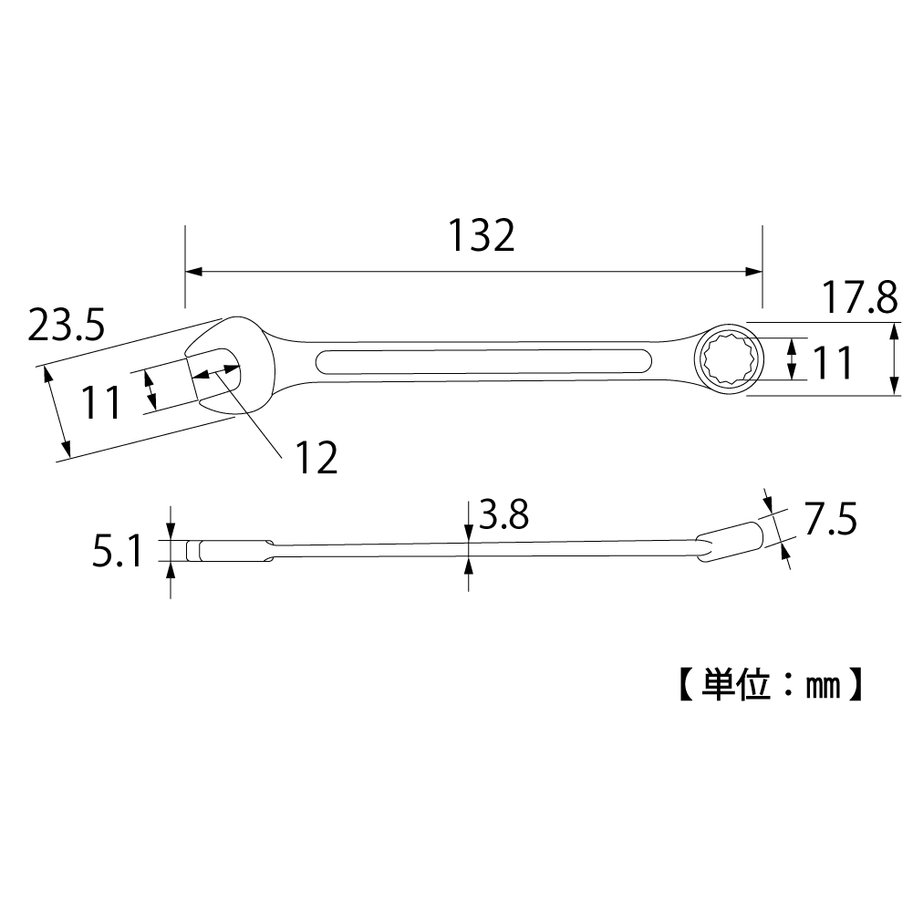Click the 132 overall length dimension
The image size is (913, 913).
coord(481,236)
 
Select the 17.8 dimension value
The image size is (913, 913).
coord(859,298)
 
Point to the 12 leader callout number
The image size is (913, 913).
coord(316,458)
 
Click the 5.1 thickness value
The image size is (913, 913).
coord(117,551)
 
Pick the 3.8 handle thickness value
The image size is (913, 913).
coord(503,517)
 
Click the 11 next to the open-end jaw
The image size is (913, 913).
coord(102,401)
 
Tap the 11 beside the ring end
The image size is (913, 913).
coord(832,363)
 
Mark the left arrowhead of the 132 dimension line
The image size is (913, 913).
coord(192,271)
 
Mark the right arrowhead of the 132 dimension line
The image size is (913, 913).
coord(755,271)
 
